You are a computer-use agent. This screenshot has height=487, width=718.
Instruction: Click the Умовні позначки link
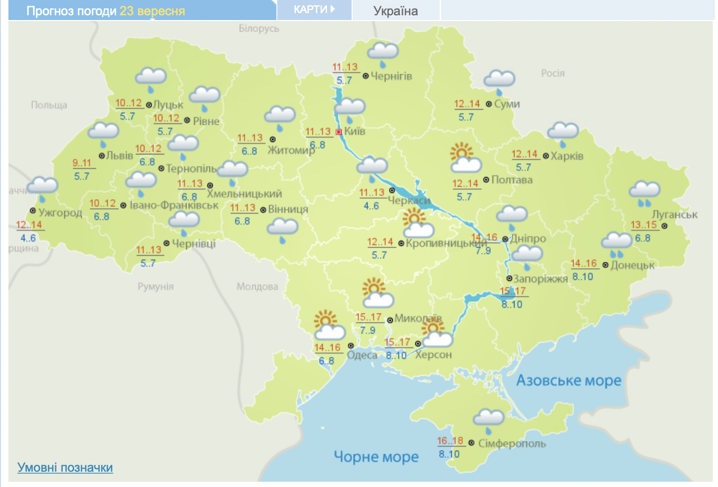65,467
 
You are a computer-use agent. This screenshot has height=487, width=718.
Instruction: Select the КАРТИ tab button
314,10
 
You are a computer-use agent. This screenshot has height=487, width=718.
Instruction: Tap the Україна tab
395,11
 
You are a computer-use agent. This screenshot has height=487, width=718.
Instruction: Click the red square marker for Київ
338,132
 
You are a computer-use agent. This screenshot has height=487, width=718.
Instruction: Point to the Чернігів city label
391,76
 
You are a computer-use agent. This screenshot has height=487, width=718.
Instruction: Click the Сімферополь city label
512,443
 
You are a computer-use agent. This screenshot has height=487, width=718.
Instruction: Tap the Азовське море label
568,381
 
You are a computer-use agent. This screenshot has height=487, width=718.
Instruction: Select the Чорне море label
376,457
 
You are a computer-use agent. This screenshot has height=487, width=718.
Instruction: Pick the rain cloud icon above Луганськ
644,193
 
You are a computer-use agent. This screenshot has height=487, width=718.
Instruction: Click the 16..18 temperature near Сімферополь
450,441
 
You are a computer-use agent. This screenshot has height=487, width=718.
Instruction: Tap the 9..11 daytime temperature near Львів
82,163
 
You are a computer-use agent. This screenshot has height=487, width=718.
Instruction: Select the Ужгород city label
60,213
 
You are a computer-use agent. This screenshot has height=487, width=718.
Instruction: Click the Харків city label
567,156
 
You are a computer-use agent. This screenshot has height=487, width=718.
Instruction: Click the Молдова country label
257,287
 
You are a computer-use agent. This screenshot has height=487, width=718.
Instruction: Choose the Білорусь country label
258,28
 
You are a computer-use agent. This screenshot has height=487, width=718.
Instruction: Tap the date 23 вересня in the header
152,11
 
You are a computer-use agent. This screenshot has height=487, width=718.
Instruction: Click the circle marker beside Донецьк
606,265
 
